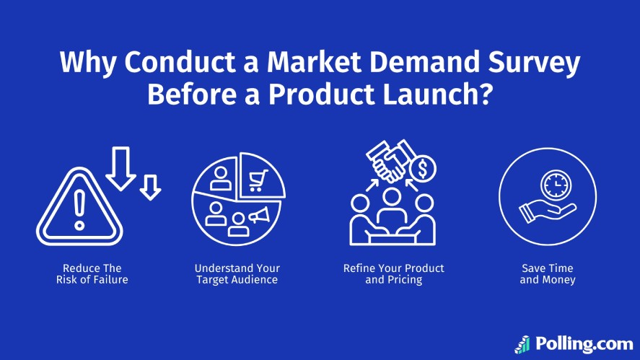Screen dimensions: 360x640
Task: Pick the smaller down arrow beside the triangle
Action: [x=150, y=187]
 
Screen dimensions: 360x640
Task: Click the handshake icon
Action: [x=387, y=160]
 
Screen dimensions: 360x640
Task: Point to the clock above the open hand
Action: [x=556, y=186]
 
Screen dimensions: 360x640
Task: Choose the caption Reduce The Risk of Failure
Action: [x=92, y=274]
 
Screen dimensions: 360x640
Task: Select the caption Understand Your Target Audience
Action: [x=237, y=274]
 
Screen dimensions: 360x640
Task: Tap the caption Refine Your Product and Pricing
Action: [x=393, y=274]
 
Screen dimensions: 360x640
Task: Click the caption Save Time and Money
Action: [x=548, y=274]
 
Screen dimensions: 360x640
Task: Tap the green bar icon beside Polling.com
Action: [x=522, y=343]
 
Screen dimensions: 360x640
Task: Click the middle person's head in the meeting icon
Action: [x=392, y=196]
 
